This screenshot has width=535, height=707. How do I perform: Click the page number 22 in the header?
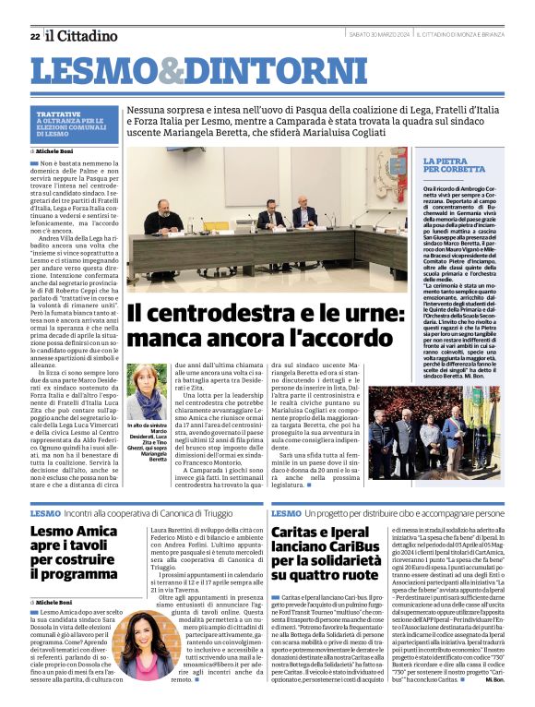coord(34,36)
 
